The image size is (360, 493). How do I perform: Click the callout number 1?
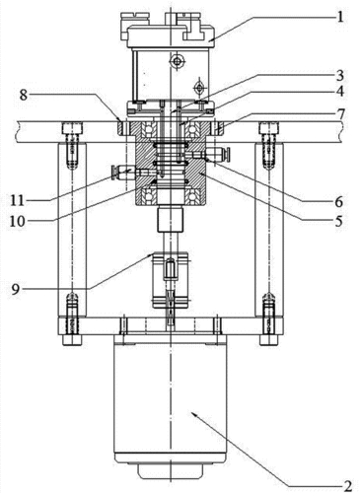tap(340, 16)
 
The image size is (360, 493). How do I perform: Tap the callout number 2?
tap(347, 486)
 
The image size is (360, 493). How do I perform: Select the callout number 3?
tap(339, 76)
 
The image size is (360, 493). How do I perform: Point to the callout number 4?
tap(340, 92)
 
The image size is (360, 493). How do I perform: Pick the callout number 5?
tap(338, 221)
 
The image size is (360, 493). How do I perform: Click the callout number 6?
tap(339, 202)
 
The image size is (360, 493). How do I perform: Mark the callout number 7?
tap(340, 114)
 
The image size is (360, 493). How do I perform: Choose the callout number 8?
tap(23, 95)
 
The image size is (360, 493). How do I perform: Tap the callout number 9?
tap(16, 290)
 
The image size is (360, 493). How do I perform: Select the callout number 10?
tap(17, 221)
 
